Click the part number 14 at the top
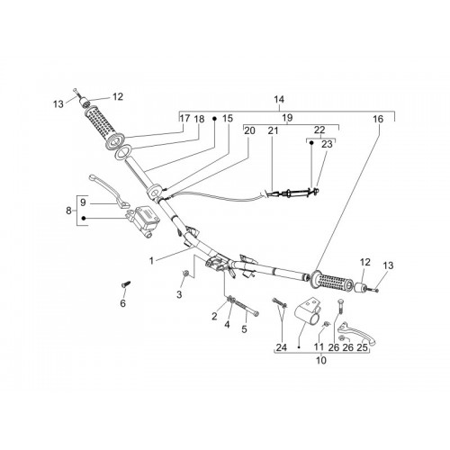[279, 99]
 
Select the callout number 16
[378, 119]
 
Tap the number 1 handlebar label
[151, 261]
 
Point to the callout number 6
[122, 303]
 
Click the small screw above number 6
[126, 283]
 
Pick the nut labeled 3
[185, 274]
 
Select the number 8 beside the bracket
[68, 211]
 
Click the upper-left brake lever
[110, 191]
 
